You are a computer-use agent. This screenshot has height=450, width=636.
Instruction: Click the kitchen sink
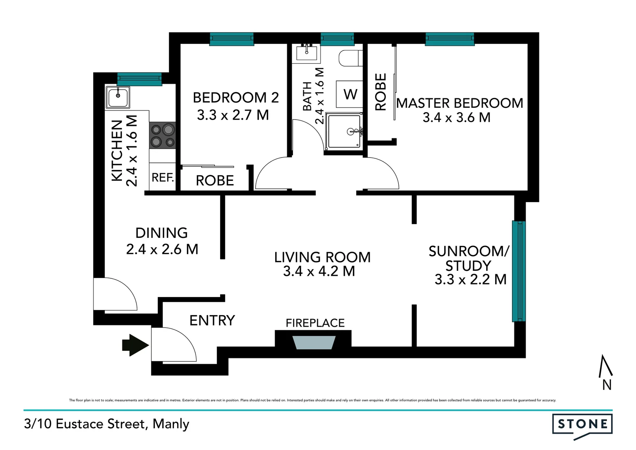click(x=118, y=97)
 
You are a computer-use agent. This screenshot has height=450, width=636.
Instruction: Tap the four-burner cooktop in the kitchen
click(x=162, y=135)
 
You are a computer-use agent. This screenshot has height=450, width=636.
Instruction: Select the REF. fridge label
click(x=162, y=177)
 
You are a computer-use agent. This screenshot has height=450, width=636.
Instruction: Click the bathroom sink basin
click(x=307, y=53)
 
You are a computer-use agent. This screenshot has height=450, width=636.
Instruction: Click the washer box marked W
click(x=350, y=94)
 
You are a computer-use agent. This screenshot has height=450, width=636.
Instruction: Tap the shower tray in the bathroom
click(x=344, y=131)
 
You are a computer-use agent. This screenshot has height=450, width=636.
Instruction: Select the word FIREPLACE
click(x=315, y=323)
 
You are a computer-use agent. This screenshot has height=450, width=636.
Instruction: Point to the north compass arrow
click(x=606, y=367)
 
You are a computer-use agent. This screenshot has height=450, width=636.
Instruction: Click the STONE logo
click(x=582, y=425)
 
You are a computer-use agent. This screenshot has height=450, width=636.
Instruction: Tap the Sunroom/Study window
click(x=519, y=271)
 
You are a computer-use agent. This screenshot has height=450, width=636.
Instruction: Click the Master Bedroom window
click(x=450, y=39)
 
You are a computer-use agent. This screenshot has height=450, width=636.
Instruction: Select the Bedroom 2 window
click(x=231, y=39)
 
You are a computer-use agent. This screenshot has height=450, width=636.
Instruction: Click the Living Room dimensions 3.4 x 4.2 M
click(x=319, y=271)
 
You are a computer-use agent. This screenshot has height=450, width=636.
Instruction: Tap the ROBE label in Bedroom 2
click(x=215, y=180)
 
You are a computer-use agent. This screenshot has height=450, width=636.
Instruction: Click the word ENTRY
click(x=212, y=320)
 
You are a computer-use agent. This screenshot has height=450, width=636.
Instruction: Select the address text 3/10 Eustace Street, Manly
click(x=107, y=424)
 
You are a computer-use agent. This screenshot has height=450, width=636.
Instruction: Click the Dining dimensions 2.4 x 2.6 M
click(x=162, y=249)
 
